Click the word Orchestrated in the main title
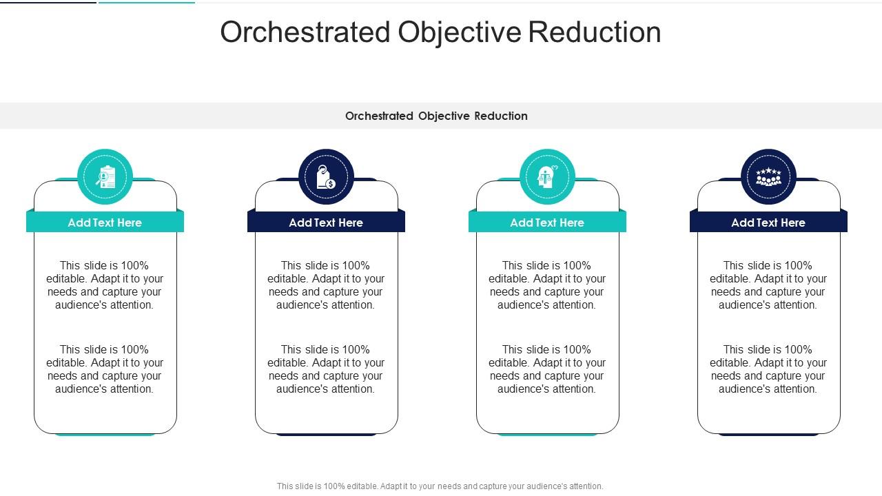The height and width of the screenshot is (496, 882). click(x=305, y=32)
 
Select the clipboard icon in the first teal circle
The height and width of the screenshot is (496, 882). click(x=105, y=177)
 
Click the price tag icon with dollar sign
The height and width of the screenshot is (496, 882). click(x=326, y=178)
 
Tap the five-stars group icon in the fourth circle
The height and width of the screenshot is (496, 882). click(x=768, y=177)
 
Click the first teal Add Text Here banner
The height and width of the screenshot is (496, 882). click(x=105, y=223)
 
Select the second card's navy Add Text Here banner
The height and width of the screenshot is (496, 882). click(x=326, y=223)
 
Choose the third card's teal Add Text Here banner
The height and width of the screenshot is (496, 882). click(x=547, y=223)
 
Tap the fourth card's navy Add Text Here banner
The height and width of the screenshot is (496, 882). click(x=768, y=223)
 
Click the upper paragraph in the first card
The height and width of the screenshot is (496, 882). click(x=105, y=285)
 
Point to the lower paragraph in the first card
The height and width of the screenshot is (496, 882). click(x=105, y=369)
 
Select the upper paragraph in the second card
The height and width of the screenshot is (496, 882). click(x=326, y=285)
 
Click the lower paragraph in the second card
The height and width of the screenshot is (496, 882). click(x=326, y=369)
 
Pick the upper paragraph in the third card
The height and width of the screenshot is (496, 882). click(x=547, y=285)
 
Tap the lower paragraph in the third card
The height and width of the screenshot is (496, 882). click(x=547, y=369)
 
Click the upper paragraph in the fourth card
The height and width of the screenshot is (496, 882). click(x=768, y=285)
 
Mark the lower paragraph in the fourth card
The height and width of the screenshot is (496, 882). click(x=768, y=369)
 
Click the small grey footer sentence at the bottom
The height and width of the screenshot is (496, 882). click(x=440, y=486)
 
